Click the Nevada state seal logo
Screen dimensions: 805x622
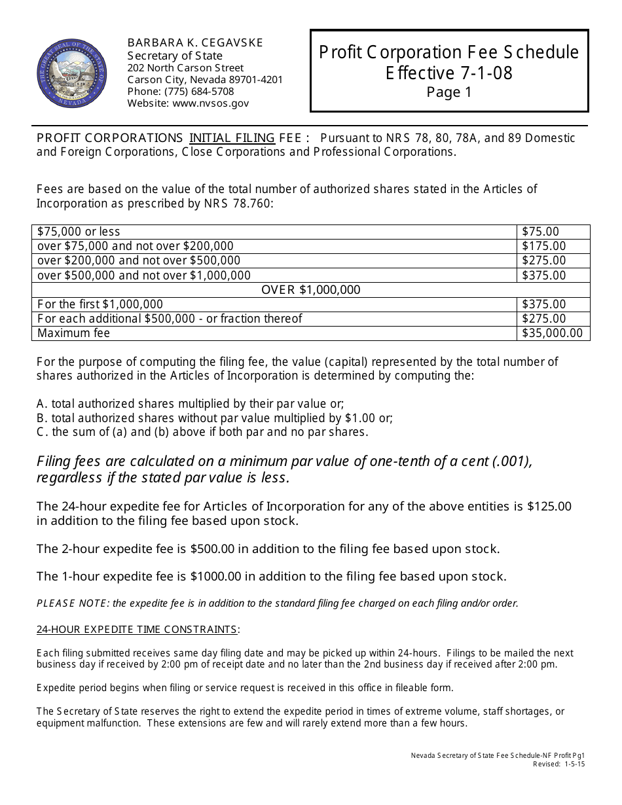(x=73, y=73)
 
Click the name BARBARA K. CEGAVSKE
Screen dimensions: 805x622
(x=194, y=43)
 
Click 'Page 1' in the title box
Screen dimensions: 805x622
(x=448, y=93)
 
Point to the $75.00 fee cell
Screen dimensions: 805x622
(x=541, y=232)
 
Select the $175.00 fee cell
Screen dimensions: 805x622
(x=543, y=246)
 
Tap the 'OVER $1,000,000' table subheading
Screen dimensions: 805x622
(x=311, y=290)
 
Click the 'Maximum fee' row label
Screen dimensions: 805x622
(x=73, y=333)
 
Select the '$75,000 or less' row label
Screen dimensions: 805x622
(x=79, y=232)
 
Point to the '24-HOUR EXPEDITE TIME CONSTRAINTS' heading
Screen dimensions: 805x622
(x=136, y=630)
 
